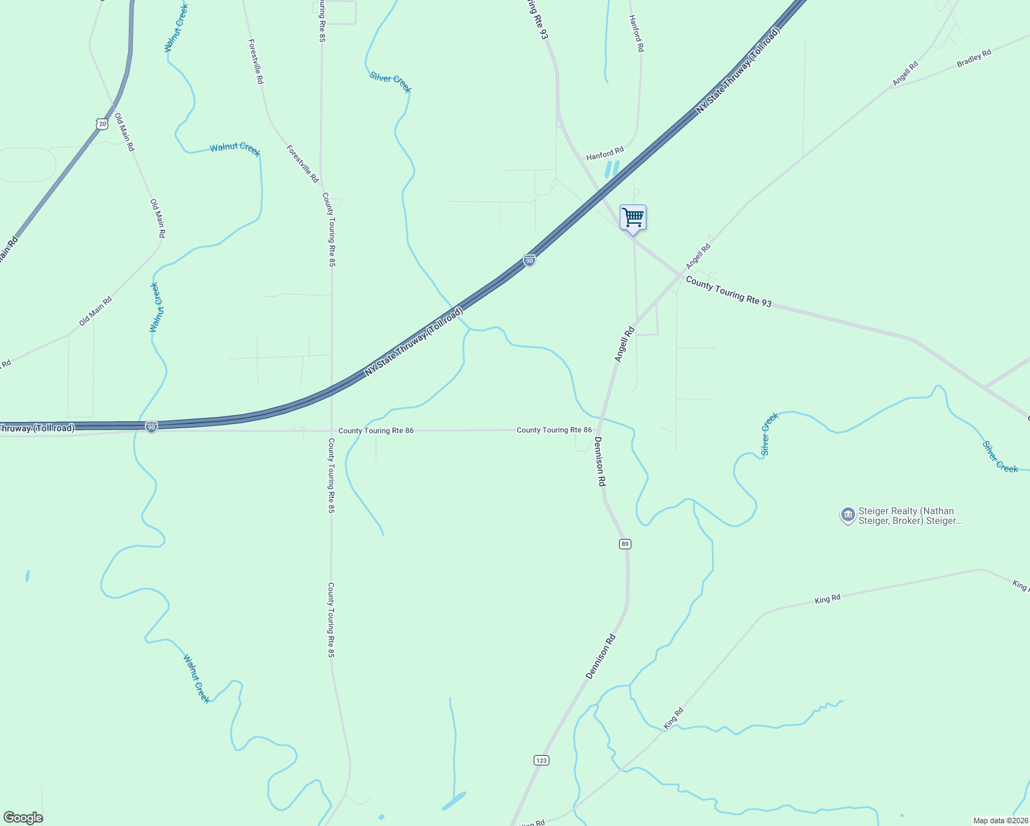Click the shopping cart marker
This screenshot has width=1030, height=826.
[633, 218]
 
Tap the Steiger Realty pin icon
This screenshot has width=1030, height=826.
[848, 515]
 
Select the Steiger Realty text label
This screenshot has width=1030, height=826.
[910, 516]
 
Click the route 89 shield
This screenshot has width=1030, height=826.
[624, 544]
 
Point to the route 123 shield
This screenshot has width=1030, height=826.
[541, 760]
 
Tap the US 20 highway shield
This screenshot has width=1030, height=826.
[103, 123]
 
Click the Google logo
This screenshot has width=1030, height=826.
[23, 818]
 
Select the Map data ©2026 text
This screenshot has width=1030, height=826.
[1000, 820]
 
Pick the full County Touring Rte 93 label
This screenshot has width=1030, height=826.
[728, 292]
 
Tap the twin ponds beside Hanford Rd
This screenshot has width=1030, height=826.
[611, 169]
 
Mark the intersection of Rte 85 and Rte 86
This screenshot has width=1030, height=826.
[331, 431]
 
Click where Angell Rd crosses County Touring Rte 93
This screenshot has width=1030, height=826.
[682, 276]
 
